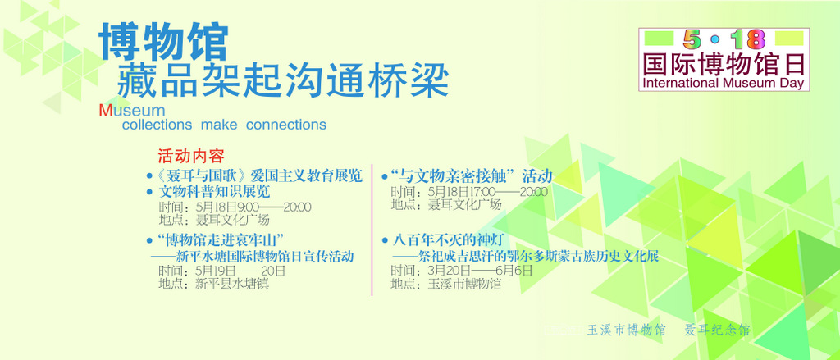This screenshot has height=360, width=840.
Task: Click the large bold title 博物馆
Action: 164,41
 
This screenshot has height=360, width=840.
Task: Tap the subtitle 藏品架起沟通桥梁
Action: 283,81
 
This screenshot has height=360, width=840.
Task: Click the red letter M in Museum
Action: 105,111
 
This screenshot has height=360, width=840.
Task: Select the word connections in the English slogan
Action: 286,125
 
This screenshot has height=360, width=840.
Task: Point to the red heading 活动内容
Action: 190,156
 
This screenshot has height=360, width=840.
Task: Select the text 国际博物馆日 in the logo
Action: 724,64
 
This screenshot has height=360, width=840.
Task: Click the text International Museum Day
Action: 724,83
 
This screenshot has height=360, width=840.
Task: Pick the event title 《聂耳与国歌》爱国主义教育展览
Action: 259,175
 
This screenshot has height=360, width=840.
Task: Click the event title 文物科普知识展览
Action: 214,191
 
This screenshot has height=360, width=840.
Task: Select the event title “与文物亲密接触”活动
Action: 472,175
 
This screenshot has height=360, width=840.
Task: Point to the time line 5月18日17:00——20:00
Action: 469,191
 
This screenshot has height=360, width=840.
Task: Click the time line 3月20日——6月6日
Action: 463,271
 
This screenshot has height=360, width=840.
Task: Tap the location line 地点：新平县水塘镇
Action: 214,284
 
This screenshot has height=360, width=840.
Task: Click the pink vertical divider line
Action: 372,230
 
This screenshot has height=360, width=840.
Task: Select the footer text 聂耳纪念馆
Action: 717,330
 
